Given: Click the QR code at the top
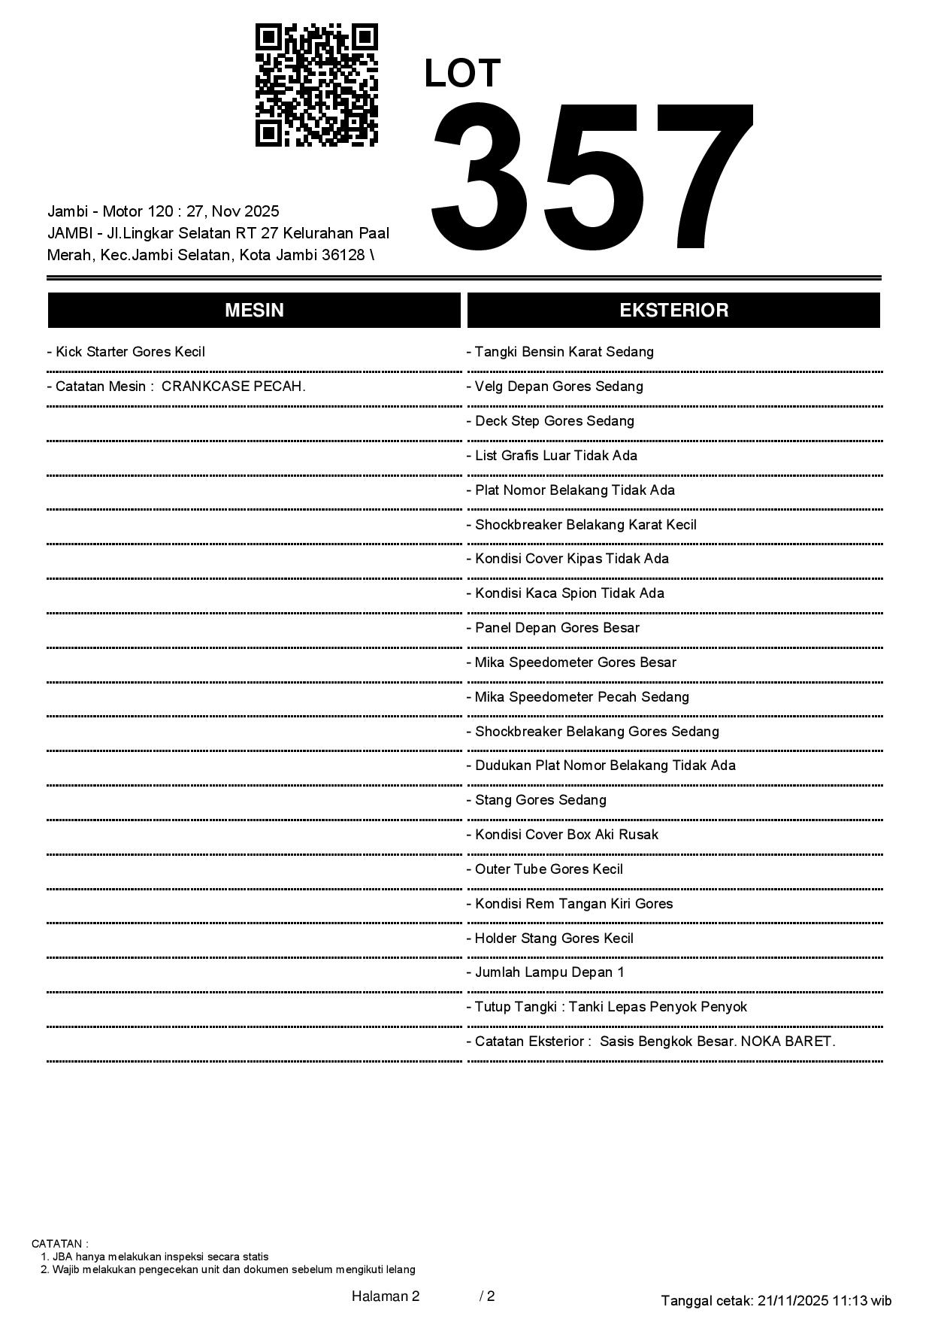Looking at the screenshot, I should (x=316, y=85).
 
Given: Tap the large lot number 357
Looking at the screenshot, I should (x=592, y=177).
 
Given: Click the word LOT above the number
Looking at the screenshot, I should (x=462, y=74).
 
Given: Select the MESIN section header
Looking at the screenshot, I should (x=254, y=311).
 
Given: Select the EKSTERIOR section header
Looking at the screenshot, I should (x=673, y=311).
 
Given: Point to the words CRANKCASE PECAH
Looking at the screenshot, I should (x=234, y=387).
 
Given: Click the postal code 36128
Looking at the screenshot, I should (x=344, y=255).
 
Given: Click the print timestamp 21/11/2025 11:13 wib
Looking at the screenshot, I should (x=825, y=1300).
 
